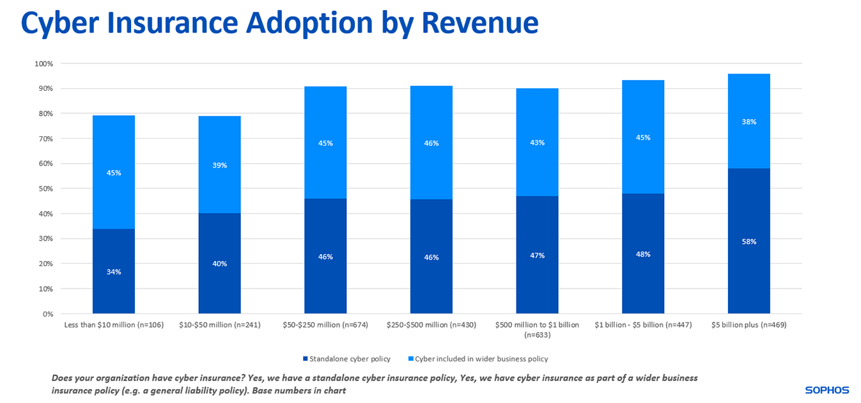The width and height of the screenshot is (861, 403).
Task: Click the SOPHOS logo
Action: (x=826, y=390)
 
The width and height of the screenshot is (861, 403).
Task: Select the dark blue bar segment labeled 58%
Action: (x=749, y=242)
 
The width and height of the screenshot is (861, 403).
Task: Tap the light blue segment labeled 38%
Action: (x=749, y=122)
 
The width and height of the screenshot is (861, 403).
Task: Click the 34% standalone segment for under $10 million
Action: (x=114, y=271)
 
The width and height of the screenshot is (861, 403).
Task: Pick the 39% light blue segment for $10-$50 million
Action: (x=219, y=165)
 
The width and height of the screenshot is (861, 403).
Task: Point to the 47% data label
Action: (x=537, y=255)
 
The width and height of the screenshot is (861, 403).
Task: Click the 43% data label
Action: (x=537, y=143)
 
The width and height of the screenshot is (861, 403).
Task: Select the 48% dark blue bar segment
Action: (x=643, y=254)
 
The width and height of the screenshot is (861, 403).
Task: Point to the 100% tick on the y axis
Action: (x=44, y=64)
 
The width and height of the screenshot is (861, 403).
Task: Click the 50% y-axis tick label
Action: (x=46, y=189)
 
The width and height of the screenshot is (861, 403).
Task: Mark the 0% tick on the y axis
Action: (x=48, y=314)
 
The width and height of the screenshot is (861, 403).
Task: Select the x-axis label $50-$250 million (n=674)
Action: (x=325, y=325)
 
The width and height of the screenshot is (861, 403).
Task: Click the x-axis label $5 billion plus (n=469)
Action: (x=749, y=325)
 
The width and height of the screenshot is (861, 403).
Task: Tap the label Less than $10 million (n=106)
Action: (x=114, y=325)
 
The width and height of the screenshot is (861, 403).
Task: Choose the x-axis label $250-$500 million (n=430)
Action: (x=431, y=325)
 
